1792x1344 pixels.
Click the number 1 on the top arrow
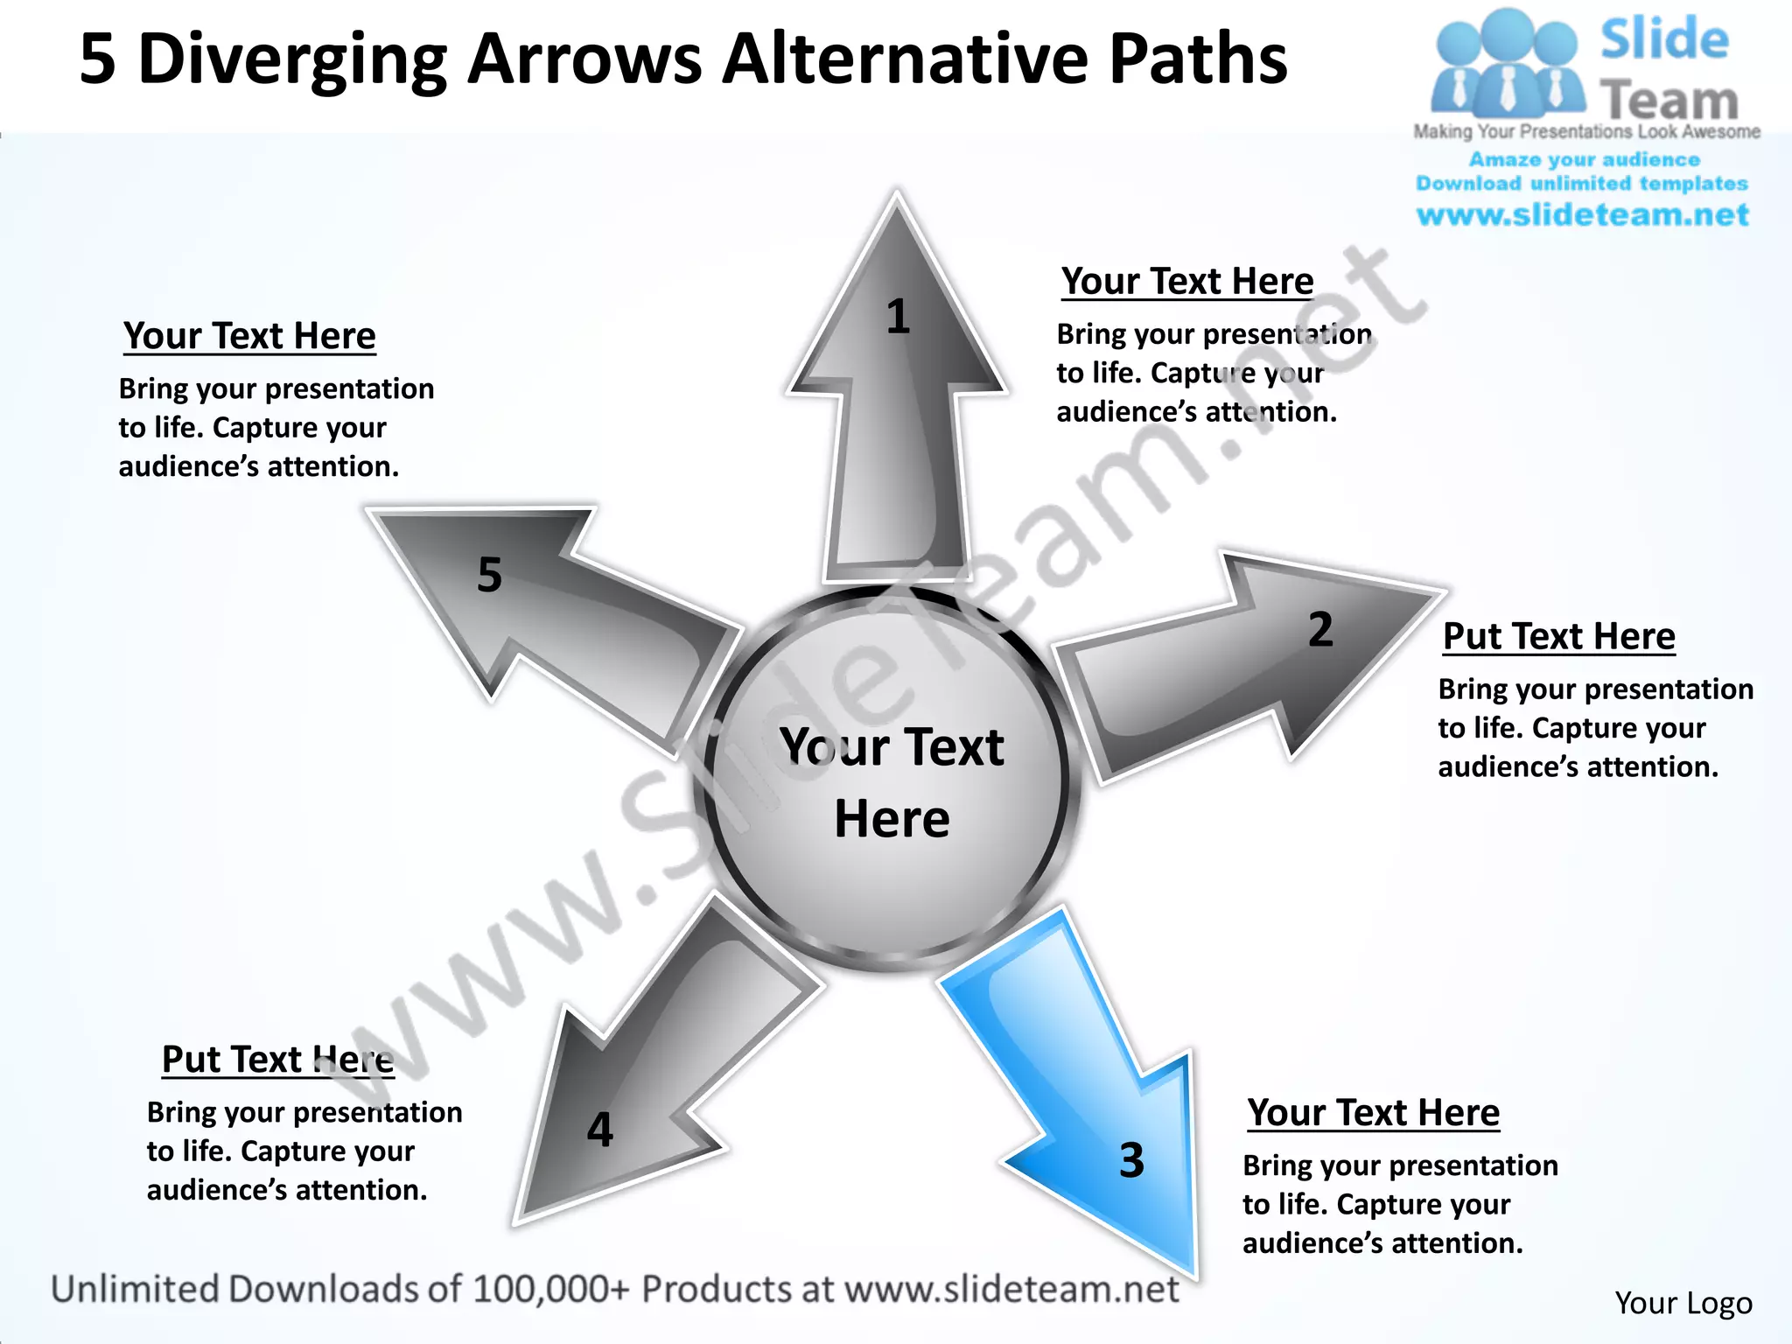(898, 317)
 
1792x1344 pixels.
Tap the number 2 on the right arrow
(1320, 630)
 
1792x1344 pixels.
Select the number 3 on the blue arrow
(1131, 1160)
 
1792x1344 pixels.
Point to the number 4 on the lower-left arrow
(599, 1130)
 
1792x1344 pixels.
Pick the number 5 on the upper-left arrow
(490, 575)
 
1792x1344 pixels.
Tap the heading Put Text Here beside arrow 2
(1558, 636)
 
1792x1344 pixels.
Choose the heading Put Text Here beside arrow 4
(277, 1060)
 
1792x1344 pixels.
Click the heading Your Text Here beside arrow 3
(1373, 1113)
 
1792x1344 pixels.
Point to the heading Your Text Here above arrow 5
(249, 336)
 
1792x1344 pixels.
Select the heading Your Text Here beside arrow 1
(1187, 282)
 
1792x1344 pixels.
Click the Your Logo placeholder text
(1683, 1303)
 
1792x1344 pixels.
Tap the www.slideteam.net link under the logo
(1582, 214)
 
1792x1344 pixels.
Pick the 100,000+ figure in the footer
(550, 1290)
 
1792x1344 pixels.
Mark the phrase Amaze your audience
(1584, 159)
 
